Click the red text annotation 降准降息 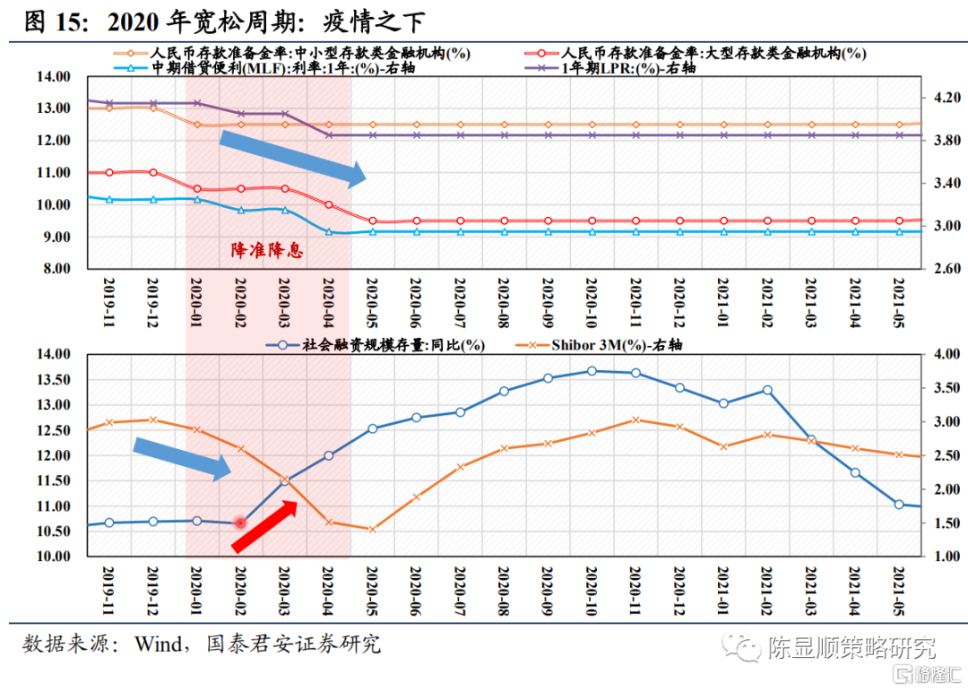267,250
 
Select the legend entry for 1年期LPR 628,68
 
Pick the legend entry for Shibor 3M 609,344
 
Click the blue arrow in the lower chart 182,457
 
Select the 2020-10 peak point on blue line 592,371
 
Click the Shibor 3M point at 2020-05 372,529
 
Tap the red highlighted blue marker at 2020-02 240,523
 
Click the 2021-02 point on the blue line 767,390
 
